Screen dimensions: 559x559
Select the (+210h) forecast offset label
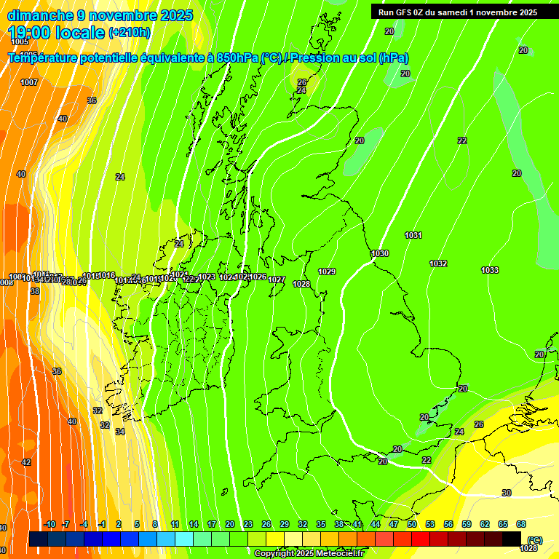[130, 33]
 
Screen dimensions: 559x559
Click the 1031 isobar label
[413, 235]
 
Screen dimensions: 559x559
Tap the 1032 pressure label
[438, 263]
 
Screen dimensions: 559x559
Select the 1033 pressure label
[490, 270]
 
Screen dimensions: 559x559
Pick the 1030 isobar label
[380, 253]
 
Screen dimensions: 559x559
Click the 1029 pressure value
[327, 271]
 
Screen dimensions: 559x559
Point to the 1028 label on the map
[301, 284]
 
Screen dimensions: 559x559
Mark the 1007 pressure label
[29, 82]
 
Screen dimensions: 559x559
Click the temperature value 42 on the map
[26, 462]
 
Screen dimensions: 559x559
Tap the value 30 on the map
[507, 493]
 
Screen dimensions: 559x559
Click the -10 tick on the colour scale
[49, 524]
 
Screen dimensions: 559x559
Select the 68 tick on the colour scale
[521, 524]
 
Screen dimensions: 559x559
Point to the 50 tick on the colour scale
[412, 524]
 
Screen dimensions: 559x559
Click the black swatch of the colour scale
[512, 539]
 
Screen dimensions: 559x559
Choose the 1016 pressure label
[107, 275]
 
